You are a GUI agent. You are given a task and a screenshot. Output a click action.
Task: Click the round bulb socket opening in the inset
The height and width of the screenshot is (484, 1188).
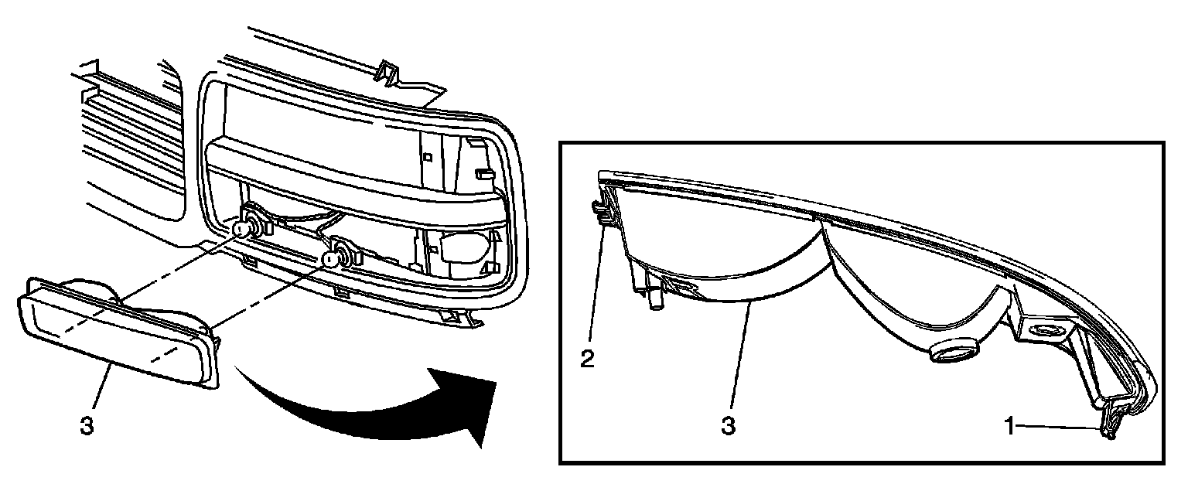click(x=953, y=353)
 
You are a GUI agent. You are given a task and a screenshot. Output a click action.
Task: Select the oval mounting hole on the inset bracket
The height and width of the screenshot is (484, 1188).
click(x=1048, y=332)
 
